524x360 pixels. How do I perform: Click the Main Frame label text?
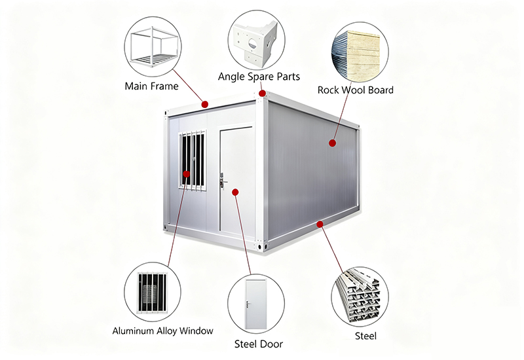coord(151,86)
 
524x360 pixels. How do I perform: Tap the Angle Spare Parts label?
coord(259,77)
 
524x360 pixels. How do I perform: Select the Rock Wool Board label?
coord(355,90)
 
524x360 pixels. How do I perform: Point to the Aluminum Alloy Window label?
coord(162,331)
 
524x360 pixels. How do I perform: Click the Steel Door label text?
coord(258,344)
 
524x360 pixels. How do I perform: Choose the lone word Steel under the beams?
coord(365,336)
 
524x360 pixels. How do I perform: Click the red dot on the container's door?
coord(235,192)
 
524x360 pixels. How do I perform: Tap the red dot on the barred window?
coord(187,173)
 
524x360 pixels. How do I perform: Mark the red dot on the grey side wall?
coord(332,143)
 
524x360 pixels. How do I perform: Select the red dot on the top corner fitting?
coord(263,93)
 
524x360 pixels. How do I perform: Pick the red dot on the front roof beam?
coord(205,104)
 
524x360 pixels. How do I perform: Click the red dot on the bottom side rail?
coord(320,224)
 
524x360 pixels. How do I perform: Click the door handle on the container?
coord(222,181)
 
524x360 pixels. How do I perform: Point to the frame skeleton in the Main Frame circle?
coord(153,46)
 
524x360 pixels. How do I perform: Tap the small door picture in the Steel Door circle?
coord(255,304)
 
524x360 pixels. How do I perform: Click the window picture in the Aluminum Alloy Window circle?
coord(153,293)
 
